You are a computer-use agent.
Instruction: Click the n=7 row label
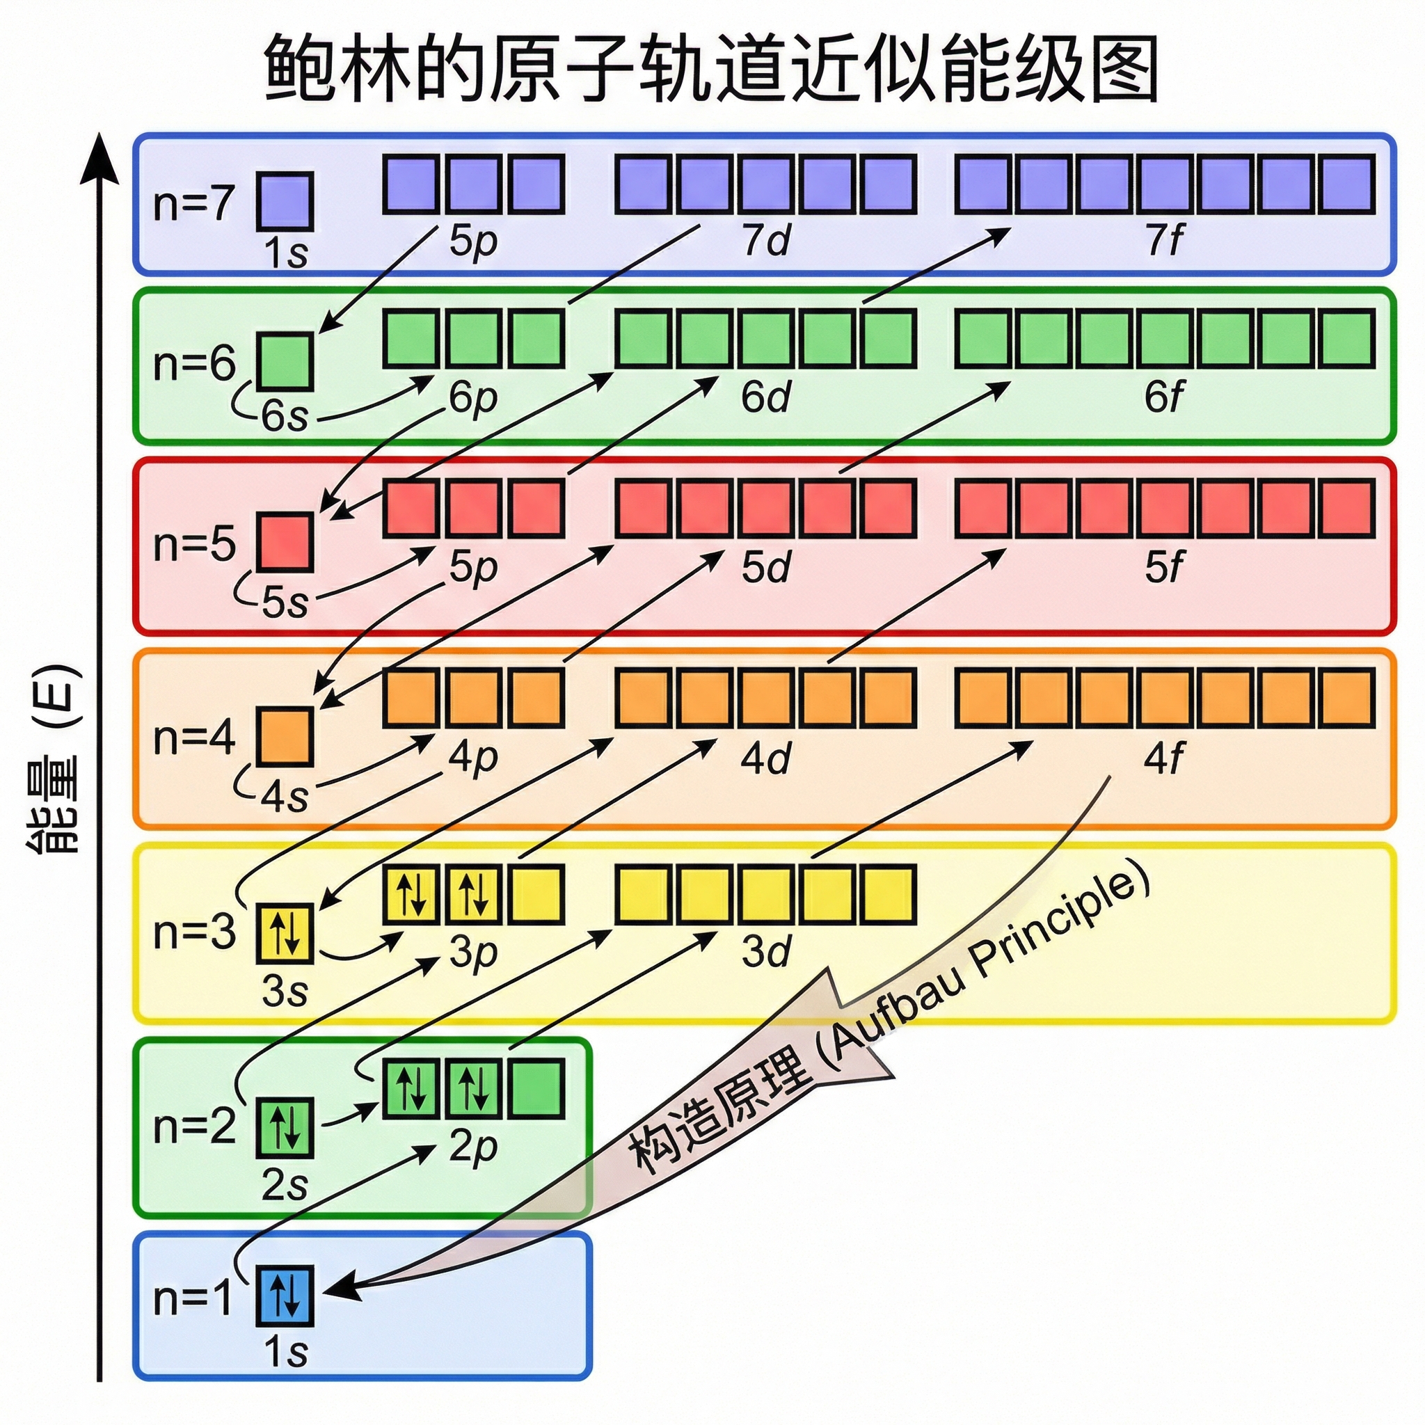point(193,203)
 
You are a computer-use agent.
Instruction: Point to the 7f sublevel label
point(1163,241)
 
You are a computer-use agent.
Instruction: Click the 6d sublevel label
point(765,397)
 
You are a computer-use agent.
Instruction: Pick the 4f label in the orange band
point(1163,758)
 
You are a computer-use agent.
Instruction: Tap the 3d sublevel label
point(765,951)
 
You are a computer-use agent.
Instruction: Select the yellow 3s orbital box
point(285,934)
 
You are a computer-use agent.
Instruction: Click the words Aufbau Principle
point(988,966)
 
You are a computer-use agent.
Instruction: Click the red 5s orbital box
point(285,542)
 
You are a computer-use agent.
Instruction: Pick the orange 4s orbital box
point(285,736)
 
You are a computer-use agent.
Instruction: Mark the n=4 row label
point(193,738)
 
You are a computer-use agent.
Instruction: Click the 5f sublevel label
point(1163,567)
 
